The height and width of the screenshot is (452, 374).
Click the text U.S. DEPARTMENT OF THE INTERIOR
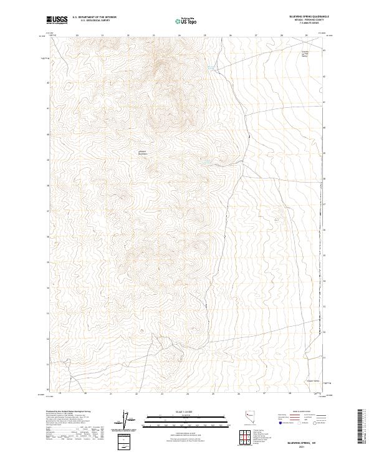[94, 17]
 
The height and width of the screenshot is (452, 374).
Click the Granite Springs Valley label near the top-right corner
[305, 53]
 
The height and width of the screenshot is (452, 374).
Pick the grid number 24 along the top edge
[180, 36]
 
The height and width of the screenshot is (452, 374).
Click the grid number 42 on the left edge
[47, 82]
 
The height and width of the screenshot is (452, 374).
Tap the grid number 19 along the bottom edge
[59, 394]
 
